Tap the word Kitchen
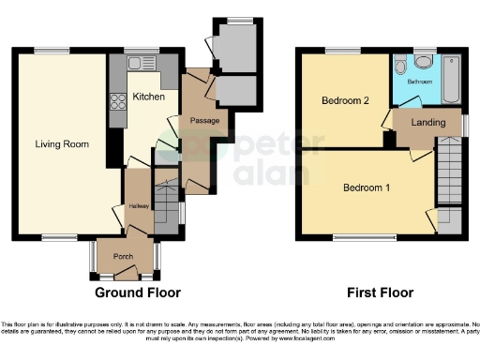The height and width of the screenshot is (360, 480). (x=148, y=97)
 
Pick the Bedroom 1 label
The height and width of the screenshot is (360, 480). (x=366, y=187)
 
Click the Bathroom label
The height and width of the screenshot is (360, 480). (x=419, y=82)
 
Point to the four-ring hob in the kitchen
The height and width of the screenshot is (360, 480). (x=120, y=101)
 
